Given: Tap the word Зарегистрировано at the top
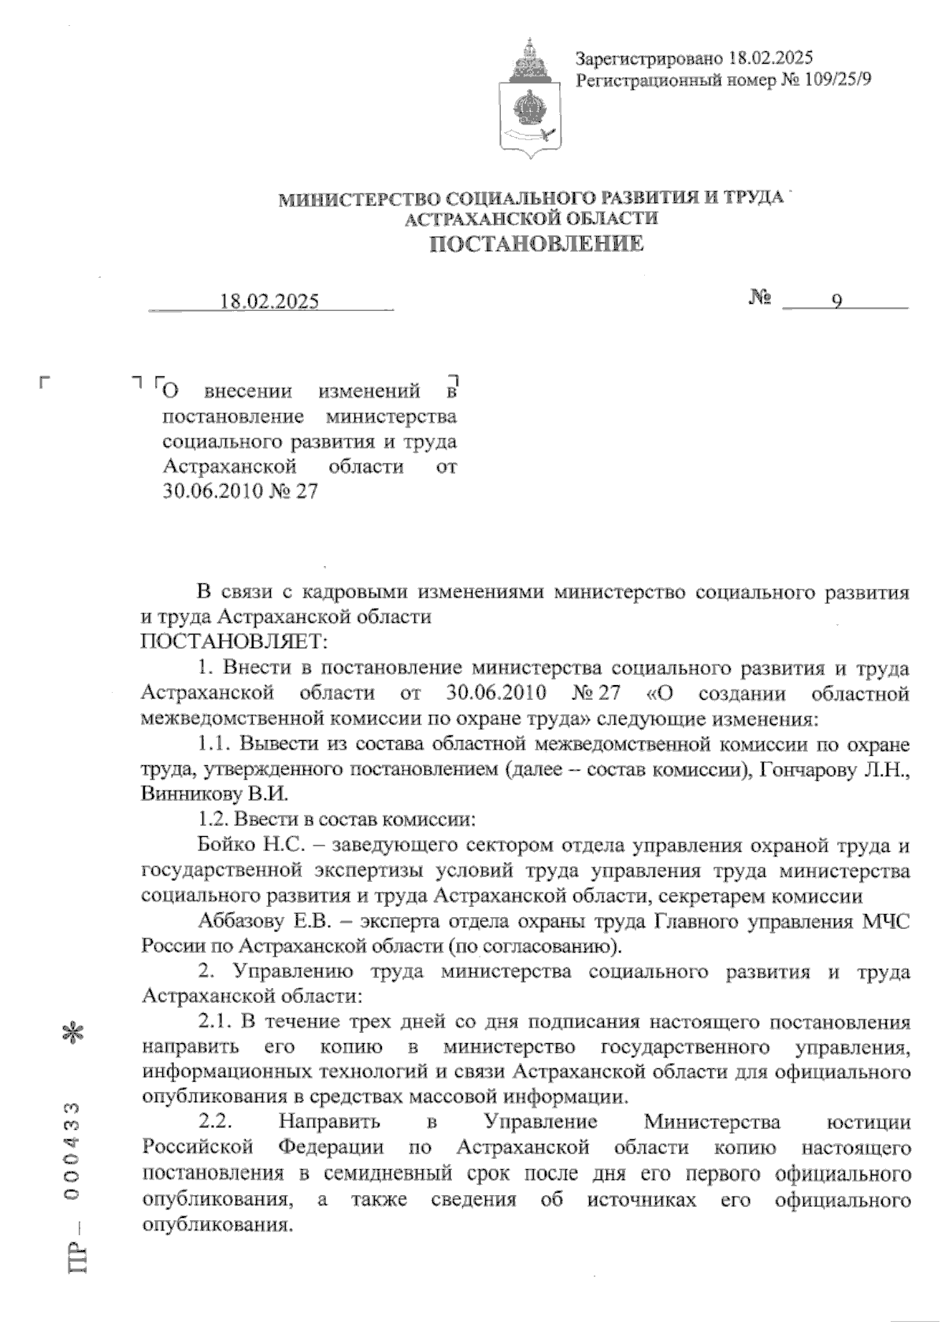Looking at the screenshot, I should coord(649,58).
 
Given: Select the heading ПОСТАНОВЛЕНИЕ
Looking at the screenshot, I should coord(535,244).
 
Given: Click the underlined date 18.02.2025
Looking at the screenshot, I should coord(270,302).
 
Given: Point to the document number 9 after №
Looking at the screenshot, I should coord(837,302).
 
